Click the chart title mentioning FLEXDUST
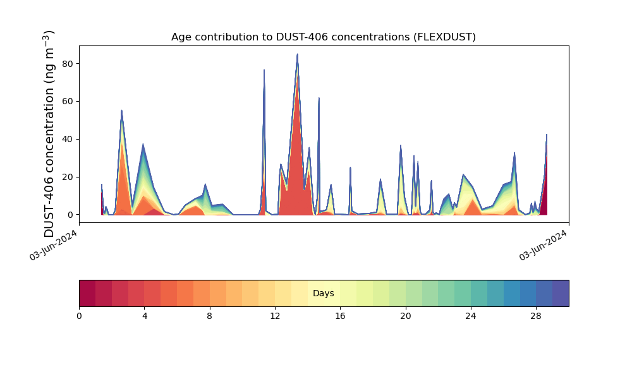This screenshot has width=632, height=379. (323, 37)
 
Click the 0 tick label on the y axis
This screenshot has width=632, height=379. (71, 215)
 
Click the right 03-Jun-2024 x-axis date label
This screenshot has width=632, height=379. (544, 245)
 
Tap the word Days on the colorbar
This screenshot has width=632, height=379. (323, 294)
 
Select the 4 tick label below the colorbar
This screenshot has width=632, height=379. (144, 316)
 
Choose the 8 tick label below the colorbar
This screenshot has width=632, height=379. (210, 316)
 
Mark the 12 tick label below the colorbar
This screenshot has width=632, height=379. (275, 316)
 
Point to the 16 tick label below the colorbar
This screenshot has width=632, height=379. (340, 316)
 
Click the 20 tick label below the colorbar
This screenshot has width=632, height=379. (406, 316)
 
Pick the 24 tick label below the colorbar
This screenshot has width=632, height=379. (471, 316)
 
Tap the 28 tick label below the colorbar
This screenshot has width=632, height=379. (536, 316)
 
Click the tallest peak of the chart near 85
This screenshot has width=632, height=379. (297, 55)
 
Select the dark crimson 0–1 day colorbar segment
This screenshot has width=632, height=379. (87, 293)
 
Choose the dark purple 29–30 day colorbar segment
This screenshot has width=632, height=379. (561, 293)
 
